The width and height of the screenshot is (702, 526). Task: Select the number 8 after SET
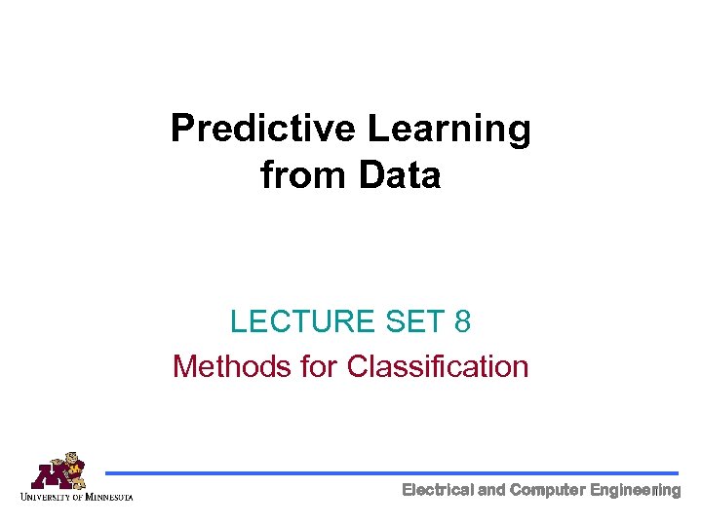[x=461, y=321]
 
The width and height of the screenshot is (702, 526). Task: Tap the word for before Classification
[x=316, y=367]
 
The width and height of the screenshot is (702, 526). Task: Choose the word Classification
[x=438, y=367]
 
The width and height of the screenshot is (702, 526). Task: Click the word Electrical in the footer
[x=438, y=490]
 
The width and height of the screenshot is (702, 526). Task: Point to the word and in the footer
[x=491, y=490]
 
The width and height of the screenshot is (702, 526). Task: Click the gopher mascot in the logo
[x=69, y=466]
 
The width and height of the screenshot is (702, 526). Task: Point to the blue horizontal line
[x=390, y=473]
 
